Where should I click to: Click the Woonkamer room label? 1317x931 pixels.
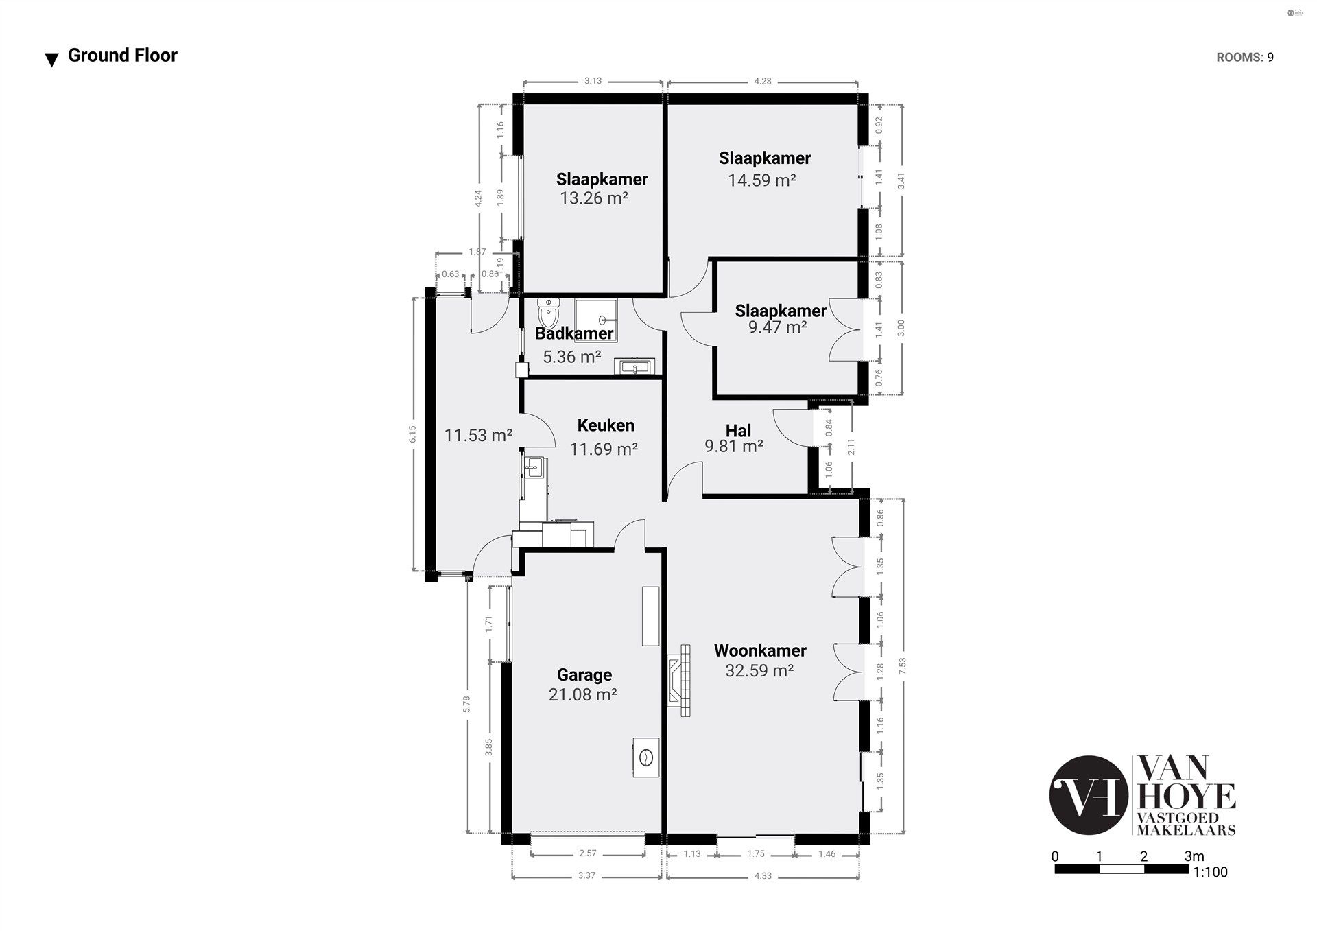click(760, 650)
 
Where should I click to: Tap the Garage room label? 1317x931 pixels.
click(584, 675)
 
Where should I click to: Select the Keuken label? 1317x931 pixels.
click(606, 425)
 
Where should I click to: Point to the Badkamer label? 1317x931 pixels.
click(574, 334)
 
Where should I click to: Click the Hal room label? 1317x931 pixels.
click(738, 431)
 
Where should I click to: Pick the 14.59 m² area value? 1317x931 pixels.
click(761, 180)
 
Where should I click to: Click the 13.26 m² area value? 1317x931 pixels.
click(594, 198)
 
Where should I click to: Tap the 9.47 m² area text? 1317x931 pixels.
click(777, 327)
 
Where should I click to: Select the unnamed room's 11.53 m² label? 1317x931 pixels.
click(478, 435)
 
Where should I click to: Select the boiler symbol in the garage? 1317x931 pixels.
click(645, 758)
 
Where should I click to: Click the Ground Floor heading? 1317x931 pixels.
click(122, 56)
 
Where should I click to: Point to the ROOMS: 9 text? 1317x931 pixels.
click(1244, 58)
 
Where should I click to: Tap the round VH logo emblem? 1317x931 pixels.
click(1089, 795)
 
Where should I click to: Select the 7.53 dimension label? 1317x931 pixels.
click(902, 666)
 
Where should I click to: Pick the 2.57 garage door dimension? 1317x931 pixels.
click(588, 853)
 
